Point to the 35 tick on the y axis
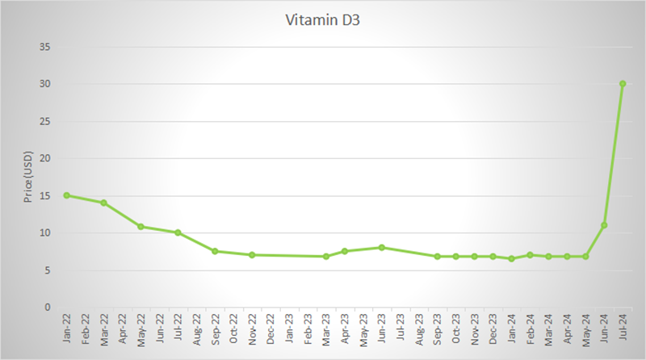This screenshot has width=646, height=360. (x=46, y=47)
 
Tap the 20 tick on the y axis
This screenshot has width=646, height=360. (x=46, y=158)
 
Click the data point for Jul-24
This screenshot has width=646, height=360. (x=623, y=83)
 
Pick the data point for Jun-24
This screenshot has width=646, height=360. (x=604, y=225)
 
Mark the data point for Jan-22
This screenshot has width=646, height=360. (x=67, y=195)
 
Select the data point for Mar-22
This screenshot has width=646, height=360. (x=104, y=203)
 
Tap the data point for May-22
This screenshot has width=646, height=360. (x=141, y=227)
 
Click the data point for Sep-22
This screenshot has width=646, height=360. (x=215, y=251)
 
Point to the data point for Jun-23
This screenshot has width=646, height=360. (x=382, y=247)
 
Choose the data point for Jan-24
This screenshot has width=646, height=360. (x=511, y=258)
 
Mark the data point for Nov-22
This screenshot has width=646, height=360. (x=252, y=255)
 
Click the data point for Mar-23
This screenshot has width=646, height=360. (x=326, y=257)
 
